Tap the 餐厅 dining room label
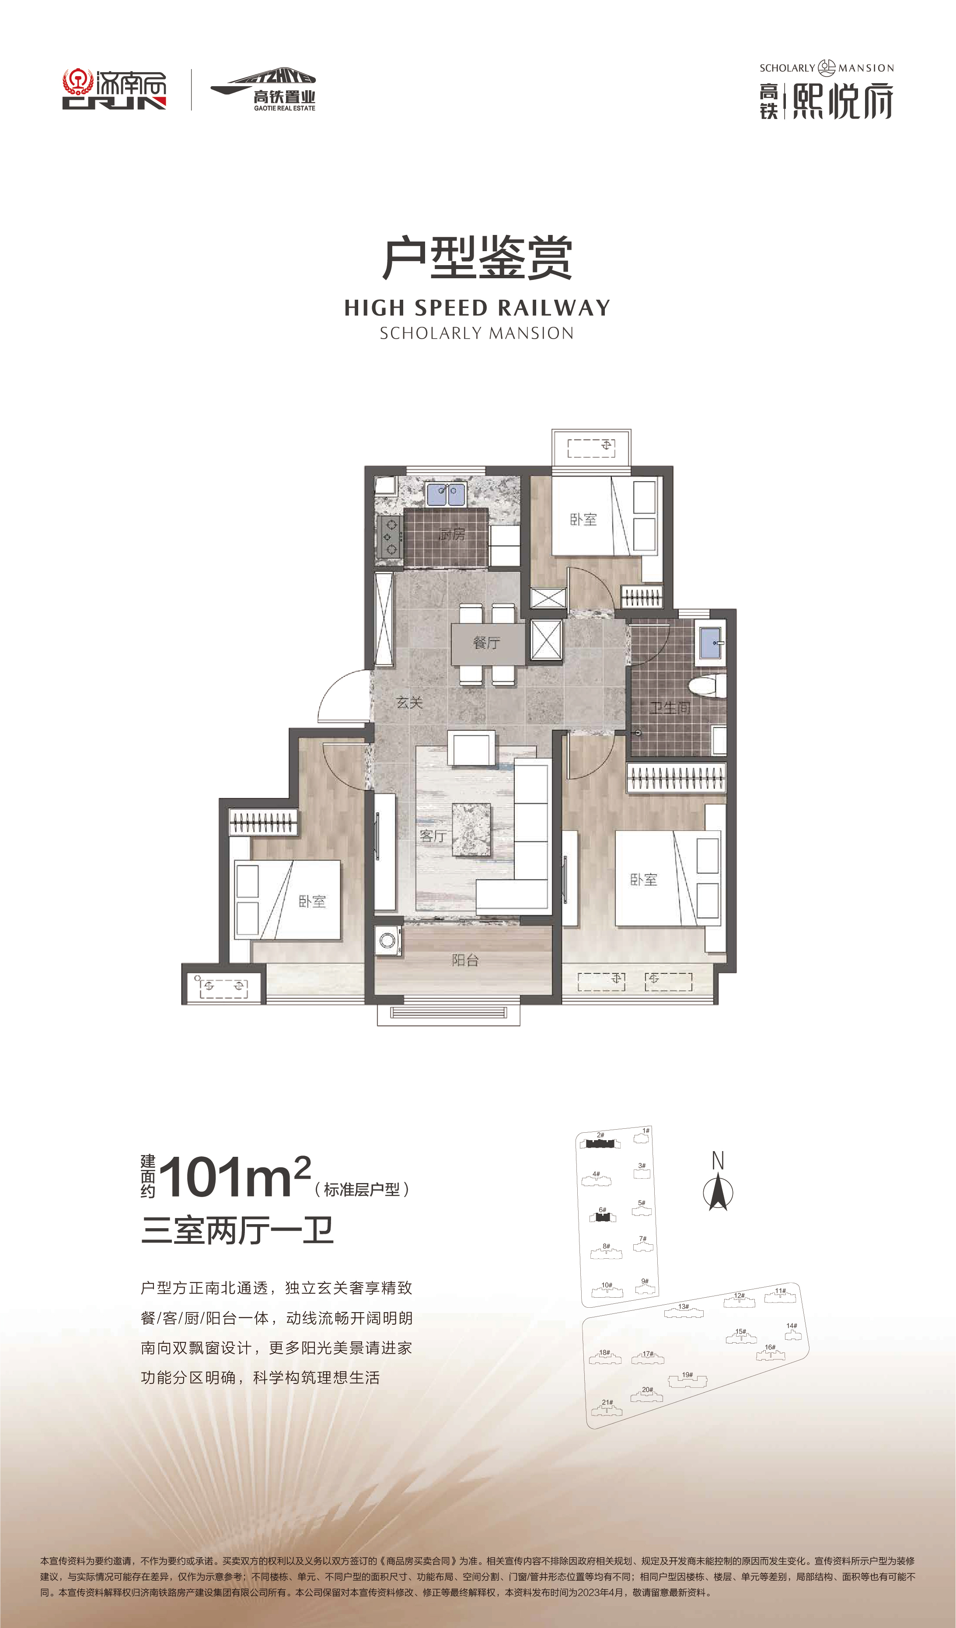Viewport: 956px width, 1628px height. (x=486, y=642)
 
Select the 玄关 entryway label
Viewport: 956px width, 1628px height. (x=409, y=702)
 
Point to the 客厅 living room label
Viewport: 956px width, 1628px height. (x=433, y=836)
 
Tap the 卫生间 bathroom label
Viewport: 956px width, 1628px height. (x=670, y=708)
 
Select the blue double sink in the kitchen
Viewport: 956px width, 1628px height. (x=446, y=494)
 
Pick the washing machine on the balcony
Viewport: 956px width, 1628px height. (x=387, y=941)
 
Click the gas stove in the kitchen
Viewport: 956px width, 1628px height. (x=390, y=536)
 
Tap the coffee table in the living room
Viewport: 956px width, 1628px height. (x=471, y=830)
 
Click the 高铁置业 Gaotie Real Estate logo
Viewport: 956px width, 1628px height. (x=264, y=90)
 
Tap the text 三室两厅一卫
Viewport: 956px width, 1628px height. (x=237, y=1231)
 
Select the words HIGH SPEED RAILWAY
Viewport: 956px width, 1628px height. (x=478, y=308)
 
